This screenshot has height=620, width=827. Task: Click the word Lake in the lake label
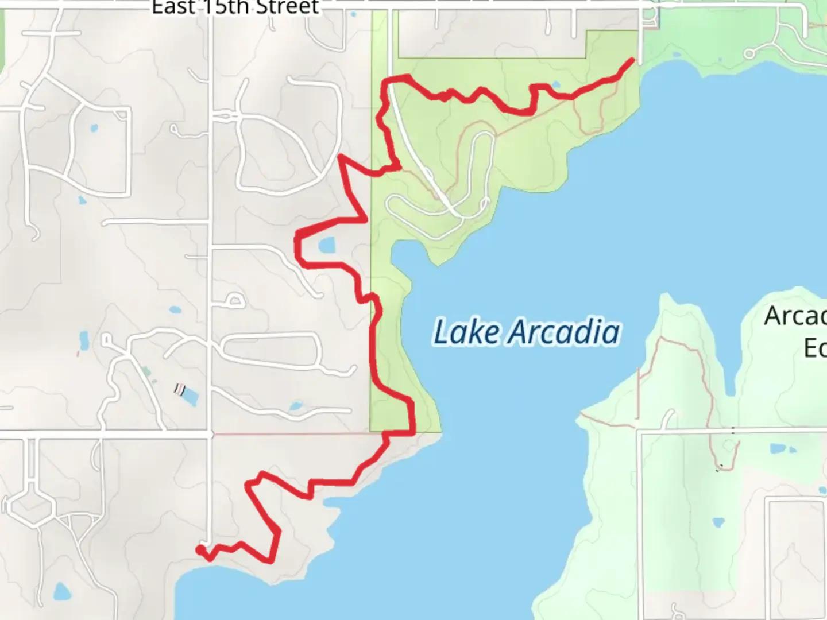tap(466, 332)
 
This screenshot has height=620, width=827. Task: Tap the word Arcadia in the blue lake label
tap(565, 332)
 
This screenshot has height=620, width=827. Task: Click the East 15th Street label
tap(235, 7)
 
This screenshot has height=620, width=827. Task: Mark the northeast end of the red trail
tap(633, 60)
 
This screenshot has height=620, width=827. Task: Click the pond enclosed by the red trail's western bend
tap(327, 246)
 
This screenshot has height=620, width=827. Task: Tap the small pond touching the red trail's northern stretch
tap(555, 85)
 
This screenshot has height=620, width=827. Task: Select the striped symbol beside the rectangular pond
tap(180, 390)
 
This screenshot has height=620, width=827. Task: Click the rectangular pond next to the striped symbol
tap(190, 396)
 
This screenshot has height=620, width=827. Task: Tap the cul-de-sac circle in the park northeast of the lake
tap(749, 54)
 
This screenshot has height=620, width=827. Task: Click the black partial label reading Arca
tap(795, 316)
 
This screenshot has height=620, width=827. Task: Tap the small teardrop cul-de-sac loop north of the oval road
tap(235, 300)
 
